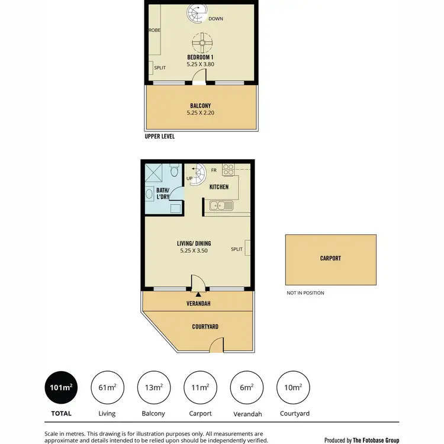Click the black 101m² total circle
(60, 388)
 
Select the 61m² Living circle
(107, 388)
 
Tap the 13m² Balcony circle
(153, 388)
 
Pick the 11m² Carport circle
(200, 388)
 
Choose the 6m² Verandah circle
(246, 388)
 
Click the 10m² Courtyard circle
(292, 388)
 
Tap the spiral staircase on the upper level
(196, 13)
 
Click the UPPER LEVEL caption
(160, 136)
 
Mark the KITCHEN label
(219, 187)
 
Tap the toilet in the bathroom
(173, 172)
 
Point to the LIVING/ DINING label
(194, 243)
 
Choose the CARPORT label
(330, 259)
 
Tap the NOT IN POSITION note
(305, 293)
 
